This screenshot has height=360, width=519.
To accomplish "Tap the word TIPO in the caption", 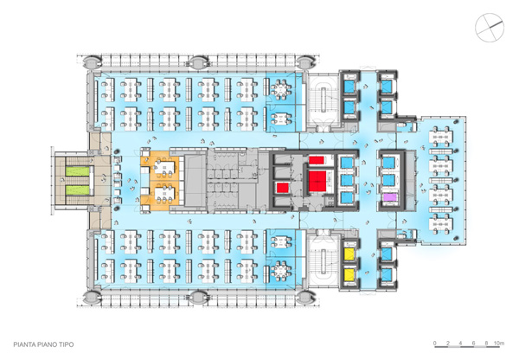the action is pyautogui.click(x=67, y=344).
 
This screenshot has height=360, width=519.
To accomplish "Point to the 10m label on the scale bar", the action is pyautogui.click(x=499, y=343).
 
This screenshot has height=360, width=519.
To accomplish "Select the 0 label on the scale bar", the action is pyautogui.click(x=435, y=343).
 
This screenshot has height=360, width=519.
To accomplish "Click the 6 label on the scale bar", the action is pyautogui.click(x=474, y=343).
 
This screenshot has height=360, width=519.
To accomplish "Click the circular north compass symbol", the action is pyautogui.click(x=490, y=28).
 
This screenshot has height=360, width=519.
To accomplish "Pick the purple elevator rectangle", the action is pyautogui.click(x=389, y=197).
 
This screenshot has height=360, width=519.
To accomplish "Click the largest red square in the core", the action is pyautogui.click(x=317, y=181).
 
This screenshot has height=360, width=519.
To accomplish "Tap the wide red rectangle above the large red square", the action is pyautogui.click(x=317, y=160).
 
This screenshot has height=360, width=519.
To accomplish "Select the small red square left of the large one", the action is pyautogui.click(x=283, y=188).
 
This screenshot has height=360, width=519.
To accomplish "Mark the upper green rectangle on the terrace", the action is pyautogui.click(x=78, y=171).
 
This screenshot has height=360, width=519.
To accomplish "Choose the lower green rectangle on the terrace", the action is pyautogui.click(x=78, y=190).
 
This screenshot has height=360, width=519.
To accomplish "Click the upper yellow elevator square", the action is pyautogui.click(x=349, y=254).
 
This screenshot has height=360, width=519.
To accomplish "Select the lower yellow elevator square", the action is pyautogui.click(x=349, y=274).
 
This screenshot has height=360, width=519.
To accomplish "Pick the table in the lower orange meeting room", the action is pyautogui.click(x=164, y=192).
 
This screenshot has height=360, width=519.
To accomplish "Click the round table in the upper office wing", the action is pyautogui.click(x=280, y=89).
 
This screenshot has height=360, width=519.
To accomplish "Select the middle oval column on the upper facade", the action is pyautogui.click(x=199, y=62).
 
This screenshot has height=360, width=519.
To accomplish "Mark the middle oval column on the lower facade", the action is pyautogui.click(x=199, y=297).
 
